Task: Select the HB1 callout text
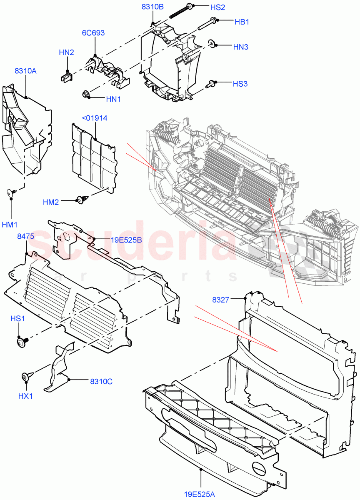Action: coord(242,22)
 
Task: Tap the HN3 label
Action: coord(240,47)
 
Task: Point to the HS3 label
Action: coord(240,84)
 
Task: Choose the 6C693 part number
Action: coord(94,33)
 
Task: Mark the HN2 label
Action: coord(66,52)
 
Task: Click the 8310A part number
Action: coord(25,71)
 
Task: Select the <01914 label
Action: coord(95,118)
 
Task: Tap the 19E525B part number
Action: coord(126,240)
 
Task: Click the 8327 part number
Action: coord(220,299)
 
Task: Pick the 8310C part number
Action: coord(101,381)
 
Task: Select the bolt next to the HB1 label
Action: coord(206,24)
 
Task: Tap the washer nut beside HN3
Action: coord(212,43)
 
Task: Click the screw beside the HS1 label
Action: coord(20,342)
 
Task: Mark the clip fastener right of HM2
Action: coord(81,200)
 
